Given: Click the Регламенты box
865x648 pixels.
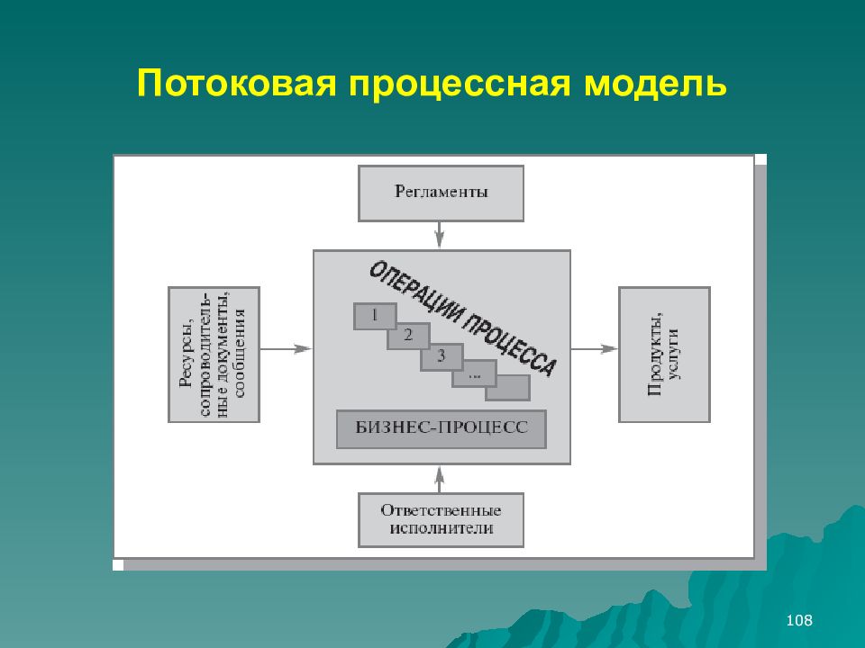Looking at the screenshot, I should [441, 193].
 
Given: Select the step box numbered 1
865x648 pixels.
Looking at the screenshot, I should [376, 316].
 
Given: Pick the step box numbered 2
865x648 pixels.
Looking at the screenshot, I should [408, 337].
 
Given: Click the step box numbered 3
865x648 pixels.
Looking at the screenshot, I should [441, 356].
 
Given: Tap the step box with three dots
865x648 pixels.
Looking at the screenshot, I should [474, 372].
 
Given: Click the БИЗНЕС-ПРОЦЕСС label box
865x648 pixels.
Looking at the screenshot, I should [441, 429].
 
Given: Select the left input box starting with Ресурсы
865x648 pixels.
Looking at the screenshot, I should [214, 355].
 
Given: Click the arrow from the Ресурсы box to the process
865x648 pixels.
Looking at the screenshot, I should [286, 349].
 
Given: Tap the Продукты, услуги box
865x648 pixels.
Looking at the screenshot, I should [664, 355].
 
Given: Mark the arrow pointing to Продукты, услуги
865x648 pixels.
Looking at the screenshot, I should [595, 349].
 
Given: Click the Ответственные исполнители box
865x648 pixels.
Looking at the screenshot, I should [441, 519].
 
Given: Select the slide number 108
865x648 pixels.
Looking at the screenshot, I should [799, 620].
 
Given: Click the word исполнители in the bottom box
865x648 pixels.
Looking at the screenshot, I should [442, 529].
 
